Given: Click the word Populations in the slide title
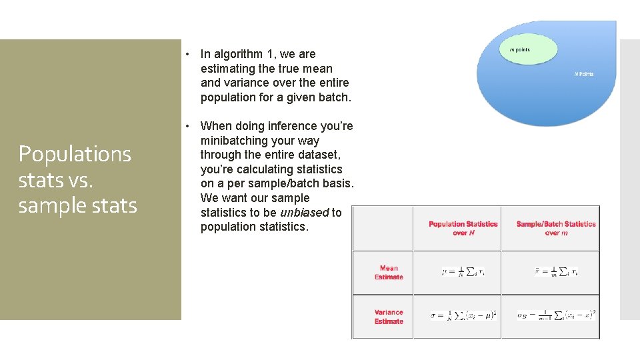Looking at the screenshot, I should click(x=75, y=154).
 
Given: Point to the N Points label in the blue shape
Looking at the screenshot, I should click(x=584, y=74).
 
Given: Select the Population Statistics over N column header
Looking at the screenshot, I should click(x=463, y=228).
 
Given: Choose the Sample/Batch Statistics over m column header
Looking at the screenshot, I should click(x=555, y=228).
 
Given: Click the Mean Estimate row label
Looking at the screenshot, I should click(x=389, y=273).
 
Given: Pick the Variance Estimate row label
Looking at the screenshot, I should click(x=389, y=317).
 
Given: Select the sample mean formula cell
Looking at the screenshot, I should click(x=557, y=272).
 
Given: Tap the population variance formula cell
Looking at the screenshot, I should click(x=463, y=315).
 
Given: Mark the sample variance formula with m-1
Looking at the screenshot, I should click(x=557, y=315).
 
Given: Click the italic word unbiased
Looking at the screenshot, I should click(x=304, y=213).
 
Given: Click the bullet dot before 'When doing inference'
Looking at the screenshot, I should click(x=189, y=125).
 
